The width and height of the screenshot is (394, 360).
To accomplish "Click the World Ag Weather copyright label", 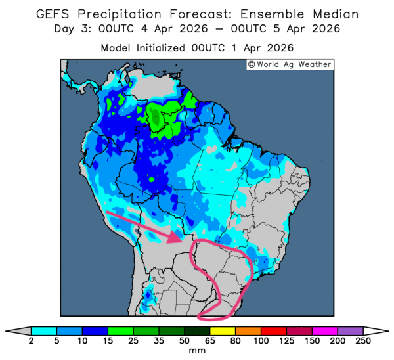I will point(289,64).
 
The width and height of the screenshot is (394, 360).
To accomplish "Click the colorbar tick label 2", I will point(32,342).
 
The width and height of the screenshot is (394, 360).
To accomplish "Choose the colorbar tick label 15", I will point(108,342).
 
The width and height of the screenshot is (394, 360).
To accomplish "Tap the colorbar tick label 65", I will point(209,342).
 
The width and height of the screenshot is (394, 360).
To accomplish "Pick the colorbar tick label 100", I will point(261,342).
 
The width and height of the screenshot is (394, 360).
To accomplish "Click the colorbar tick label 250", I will point(362,342).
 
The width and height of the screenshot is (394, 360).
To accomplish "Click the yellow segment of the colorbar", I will point(222,330).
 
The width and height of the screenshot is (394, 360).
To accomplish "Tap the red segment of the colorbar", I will point(273,330).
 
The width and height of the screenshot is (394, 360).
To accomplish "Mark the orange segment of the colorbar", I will point(248,330).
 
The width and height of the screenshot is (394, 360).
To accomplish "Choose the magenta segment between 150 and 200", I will point(324,330).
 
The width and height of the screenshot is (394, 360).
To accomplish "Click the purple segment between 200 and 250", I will point(350,330).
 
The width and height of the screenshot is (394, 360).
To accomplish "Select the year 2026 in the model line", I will point(278,48).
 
